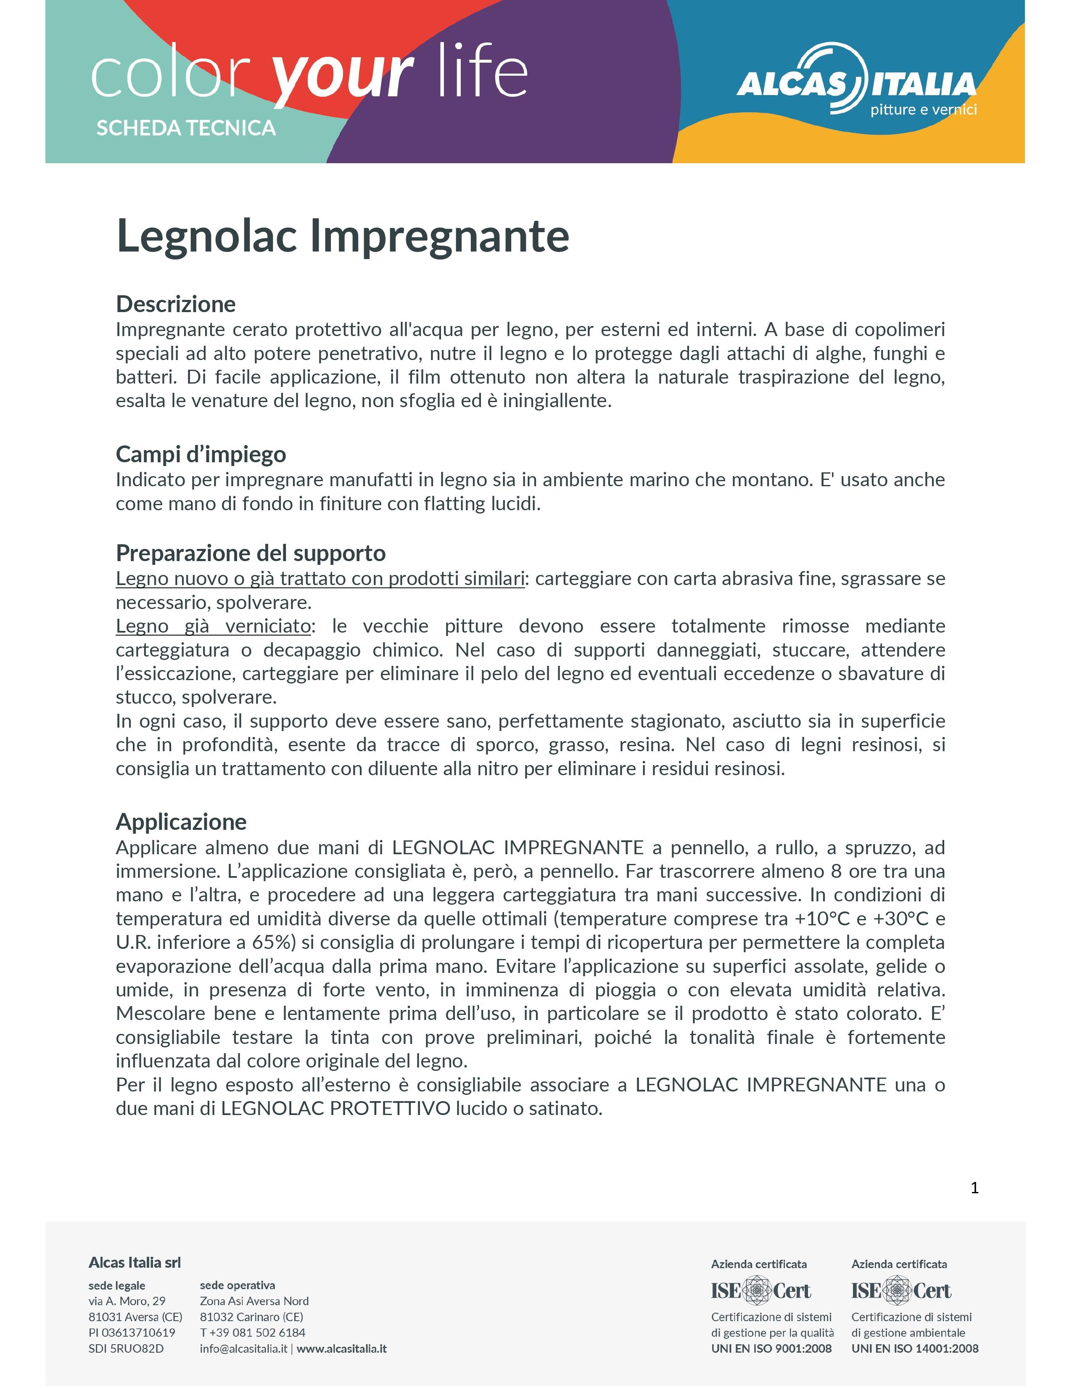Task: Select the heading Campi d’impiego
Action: tap(201, 454)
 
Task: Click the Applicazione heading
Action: tap(181, 822)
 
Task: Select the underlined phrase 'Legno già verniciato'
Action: tap(213, 626)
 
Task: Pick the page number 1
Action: tap(974, 1188)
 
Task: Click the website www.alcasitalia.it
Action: tap(342, 1348)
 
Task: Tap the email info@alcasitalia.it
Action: tap(243, 1348)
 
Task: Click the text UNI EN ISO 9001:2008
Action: tap(771, 1348)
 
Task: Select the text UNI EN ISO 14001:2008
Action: tap(914, 1348)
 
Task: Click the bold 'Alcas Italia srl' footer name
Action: tap(135, 1263)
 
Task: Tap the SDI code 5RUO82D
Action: tap(126, 1348)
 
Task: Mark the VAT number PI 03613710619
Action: tap(132, 1333)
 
